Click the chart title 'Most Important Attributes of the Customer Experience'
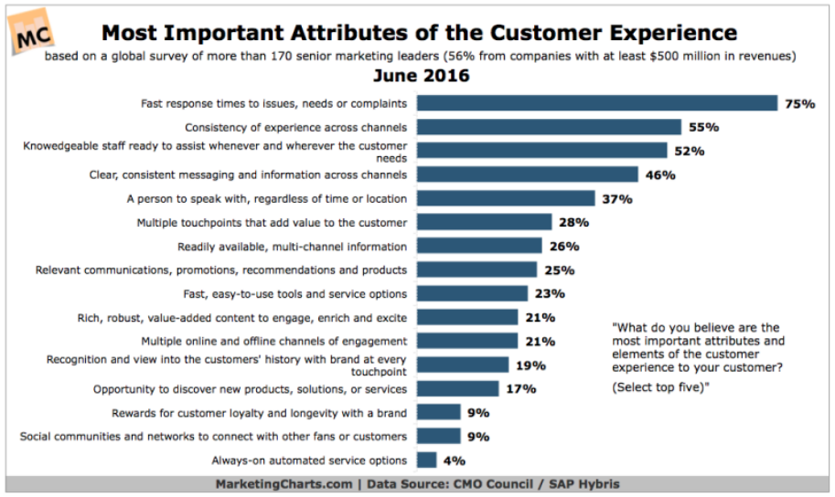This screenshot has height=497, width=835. pyautogui.click(x=419, y=33)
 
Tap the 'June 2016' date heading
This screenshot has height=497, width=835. pyautogui.click(x=419, y=76)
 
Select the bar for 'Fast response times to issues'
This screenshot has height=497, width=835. pyautogui.click(x=597, y=103)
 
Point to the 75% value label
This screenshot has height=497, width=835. pyautogui.click(x=798, y=104)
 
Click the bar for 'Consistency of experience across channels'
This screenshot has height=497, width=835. pyautogui.click(x=549, y=127)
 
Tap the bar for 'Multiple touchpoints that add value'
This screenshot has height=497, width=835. pyautogui.click(x=485, y=222)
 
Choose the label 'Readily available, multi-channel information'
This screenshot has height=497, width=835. pyautogui.click(x=292, y=246)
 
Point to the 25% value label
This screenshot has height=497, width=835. pyautogui.click(x=559, y=270)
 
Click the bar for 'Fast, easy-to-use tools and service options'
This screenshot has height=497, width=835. pyautogui.click(x=472, y=293)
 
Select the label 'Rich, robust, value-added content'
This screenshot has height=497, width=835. pyautogui.click(x=242, y=317)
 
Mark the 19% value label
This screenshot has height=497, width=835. pyautogui.click(x=530, y=365)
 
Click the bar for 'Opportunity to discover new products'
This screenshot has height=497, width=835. pyautogui.click(x=457, y=388)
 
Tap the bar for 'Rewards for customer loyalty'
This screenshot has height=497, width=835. pyautogui.click(x=438, y=412)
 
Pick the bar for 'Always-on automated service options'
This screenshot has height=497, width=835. pyautogui.click(x=426, y=460)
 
